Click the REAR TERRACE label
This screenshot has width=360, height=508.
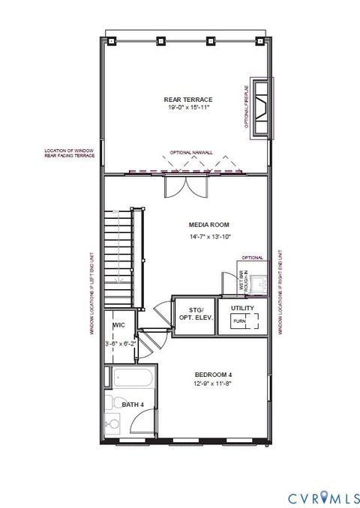(x=189, y=100)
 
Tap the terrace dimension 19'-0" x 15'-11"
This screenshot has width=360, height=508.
(x=189, y=108)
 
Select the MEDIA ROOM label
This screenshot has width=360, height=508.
(x=209, y=225)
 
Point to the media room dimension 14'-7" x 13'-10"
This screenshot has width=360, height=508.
(x=210, y=237)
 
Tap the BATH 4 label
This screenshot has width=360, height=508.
(x=133, y=405)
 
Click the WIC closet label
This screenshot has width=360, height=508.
(x=118, y=326)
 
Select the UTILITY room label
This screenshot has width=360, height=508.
(x=241, y=309)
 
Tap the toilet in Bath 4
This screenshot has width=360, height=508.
(x=112, y=426)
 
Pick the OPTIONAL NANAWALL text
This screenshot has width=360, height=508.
(x=191, y=152)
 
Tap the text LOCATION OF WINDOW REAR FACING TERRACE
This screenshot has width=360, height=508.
(x=67, y=154)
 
